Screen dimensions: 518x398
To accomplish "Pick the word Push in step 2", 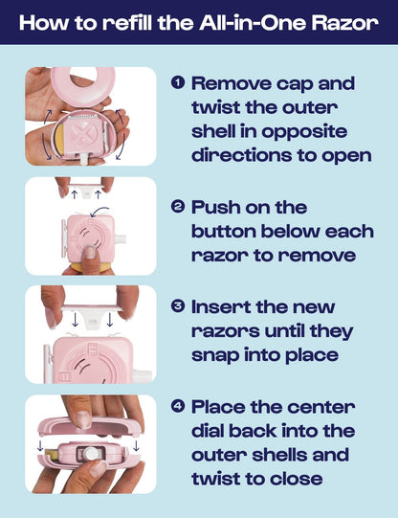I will [x=215, y=206].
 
